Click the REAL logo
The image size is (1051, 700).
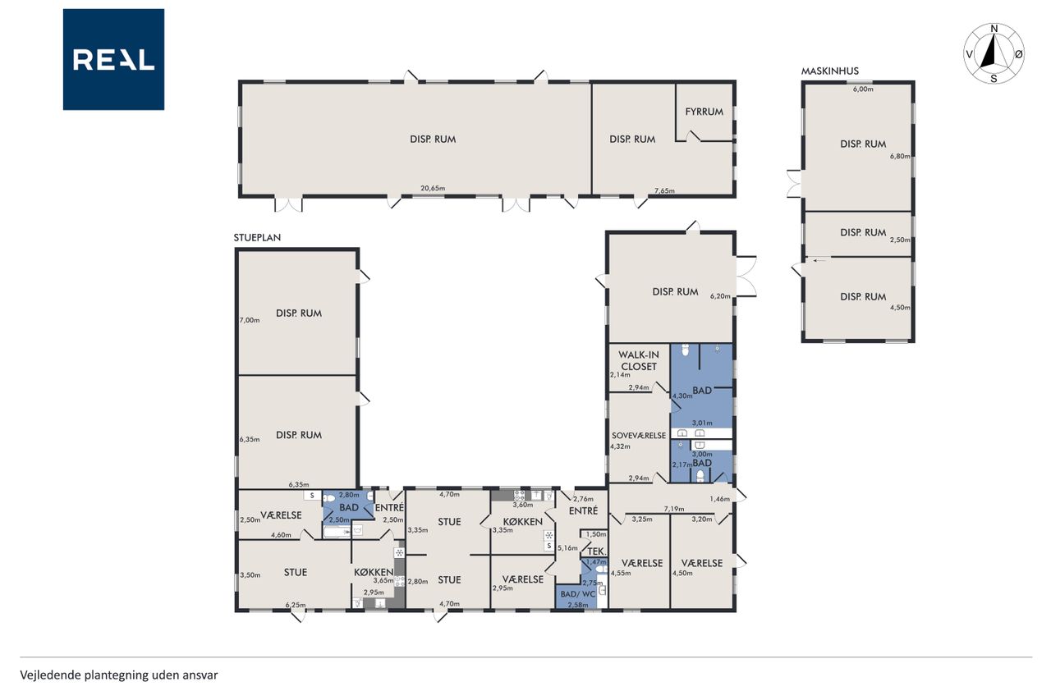[x=113, y=60]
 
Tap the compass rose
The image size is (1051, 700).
[x=994, y=53]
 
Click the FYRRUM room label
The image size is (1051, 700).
[x=704, y=112]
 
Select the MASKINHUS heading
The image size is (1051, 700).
[x=829, y=71]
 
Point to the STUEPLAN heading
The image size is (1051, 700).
[x=257, y=238]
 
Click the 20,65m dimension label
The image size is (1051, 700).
[x=433, y=189]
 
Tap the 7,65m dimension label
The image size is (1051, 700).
[x=664, y=191]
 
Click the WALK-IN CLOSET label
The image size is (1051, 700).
[x=639, y=360]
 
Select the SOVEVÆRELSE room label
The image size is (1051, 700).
[x=639, y=436]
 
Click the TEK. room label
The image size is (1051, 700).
[x=597, y=551]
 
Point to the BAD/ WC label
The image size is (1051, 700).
[x=577, y=594]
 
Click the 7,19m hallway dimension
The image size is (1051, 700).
[x=674, y=509]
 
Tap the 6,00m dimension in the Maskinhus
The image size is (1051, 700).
[x=863, y=89]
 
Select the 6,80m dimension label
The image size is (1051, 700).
[x=900, y=157]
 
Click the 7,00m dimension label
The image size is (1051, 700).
[x=249, y=320]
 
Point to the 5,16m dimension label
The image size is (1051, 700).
[x=567, y=547]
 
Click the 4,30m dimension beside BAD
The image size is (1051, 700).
[x=682, y=396]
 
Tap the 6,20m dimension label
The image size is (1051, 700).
[x=720, y=296]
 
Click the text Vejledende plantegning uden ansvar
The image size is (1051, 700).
[x=119, y=675]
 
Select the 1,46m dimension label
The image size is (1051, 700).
[x=720, y=499]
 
